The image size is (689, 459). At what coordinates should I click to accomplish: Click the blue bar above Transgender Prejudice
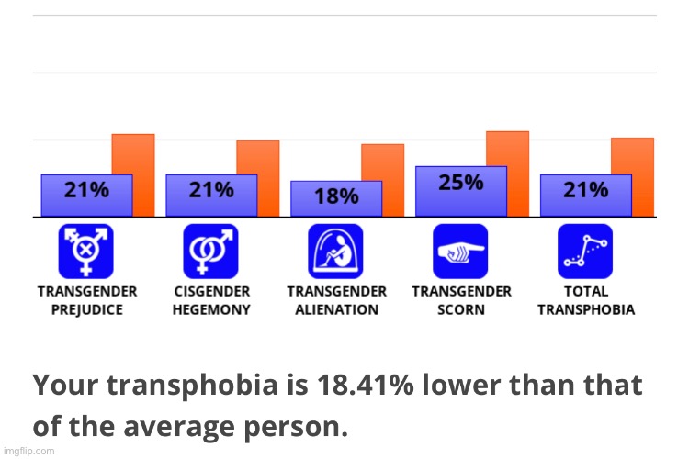(x=86, y=195)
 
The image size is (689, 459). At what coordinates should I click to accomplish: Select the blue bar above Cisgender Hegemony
(x=211, y=195)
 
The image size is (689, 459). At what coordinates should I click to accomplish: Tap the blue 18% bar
(x=336, y=198)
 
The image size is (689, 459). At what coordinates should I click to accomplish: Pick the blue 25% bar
(x=461, y=191)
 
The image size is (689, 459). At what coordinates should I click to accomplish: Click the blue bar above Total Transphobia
(x=586, y=195)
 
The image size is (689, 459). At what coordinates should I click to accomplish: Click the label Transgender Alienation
(x=336, y=300)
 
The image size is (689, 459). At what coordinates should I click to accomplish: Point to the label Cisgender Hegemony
(x=211, y=300)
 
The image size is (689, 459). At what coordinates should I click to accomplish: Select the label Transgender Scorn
(x=461, y=300)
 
